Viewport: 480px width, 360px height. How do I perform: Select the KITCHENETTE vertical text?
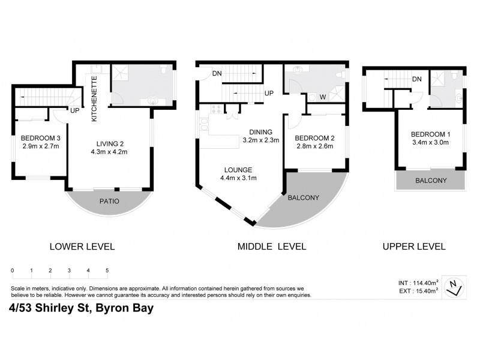coord(94,98)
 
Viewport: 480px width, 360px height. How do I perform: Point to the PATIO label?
coord(109,201)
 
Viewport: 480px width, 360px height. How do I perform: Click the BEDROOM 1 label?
coord(429,134)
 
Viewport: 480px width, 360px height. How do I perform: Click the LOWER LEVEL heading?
coord(82,246)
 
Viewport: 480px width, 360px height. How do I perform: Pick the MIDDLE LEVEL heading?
coord(271,246)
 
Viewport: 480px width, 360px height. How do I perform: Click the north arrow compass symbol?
coord(455,288)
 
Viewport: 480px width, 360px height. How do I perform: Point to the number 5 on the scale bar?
coord(107,271)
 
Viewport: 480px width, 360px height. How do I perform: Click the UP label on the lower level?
coord(75,110)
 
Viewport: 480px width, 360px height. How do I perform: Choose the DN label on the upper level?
coord(416,79)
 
